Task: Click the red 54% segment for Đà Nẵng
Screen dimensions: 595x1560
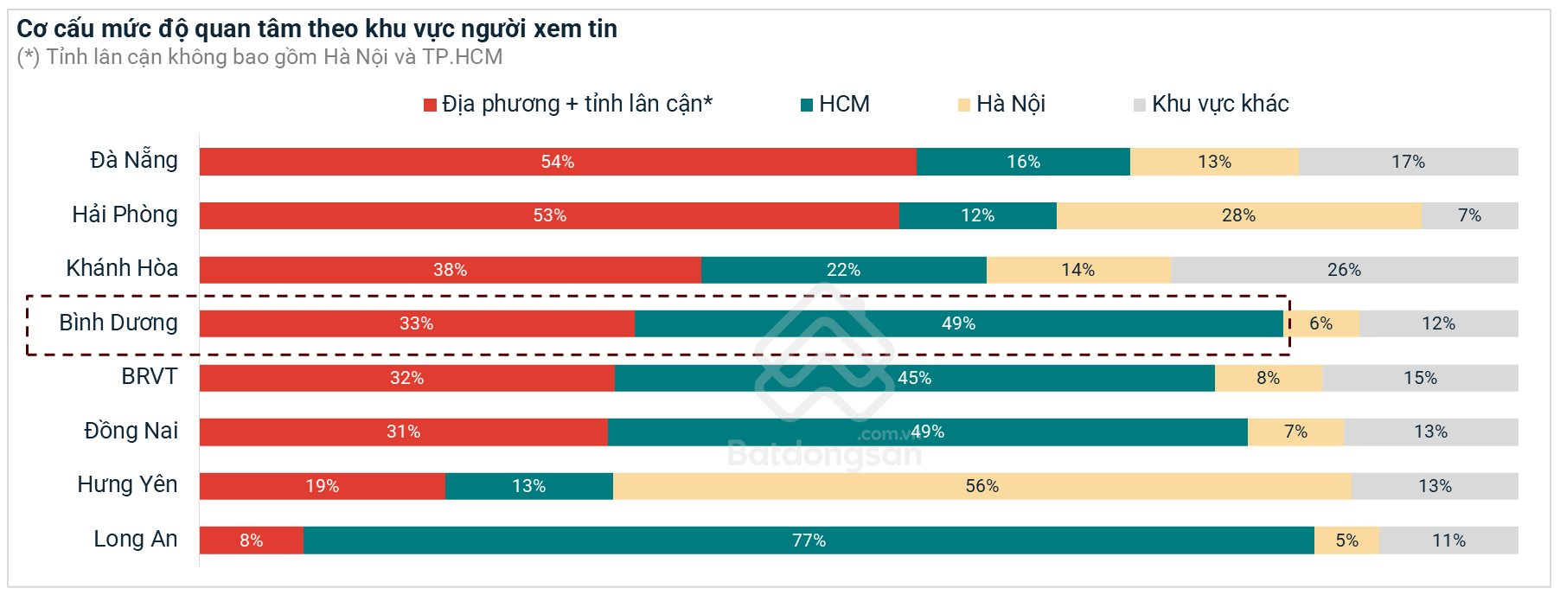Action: coord(558,162)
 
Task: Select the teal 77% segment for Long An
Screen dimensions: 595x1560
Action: coord(809,541)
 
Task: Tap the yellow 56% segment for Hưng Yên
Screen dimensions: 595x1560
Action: coord(981,486)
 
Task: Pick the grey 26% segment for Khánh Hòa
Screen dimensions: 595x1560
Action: coord(1344,270)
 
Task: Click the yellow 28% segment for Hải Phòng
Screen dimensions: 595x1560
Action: coord(1238,215)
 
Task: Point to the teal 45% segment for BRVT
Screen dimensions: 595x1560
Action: coord(914,378)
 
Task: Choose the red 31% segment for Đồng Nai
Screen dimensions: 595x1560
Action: coord(403,432)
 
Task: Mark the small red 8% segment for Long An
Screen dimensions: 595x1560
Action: coord(251,541)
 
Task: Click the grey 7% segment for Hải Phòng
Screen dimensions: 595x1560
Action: coord(1469,215)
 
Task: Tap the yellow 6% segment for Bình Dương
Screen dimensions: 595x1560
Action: coord(1321,323)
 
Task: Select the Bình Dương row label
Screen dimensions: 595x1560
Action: coord(118,323)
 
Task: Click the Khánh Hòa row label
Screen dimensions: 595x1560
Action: coord(122,268)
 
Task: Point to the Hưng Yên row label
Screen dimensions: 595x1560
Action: coord(127,484)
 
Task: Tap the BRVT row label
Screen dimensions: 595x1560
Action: coord(149,376)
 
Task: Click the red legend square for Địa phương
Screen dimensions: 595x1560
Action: coord(430,106)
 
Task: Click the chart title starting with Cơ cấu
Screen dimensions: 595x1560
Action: coord(316,29)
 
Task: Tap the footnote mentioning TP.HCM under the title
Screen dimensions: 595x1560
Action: coord(259,57)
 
